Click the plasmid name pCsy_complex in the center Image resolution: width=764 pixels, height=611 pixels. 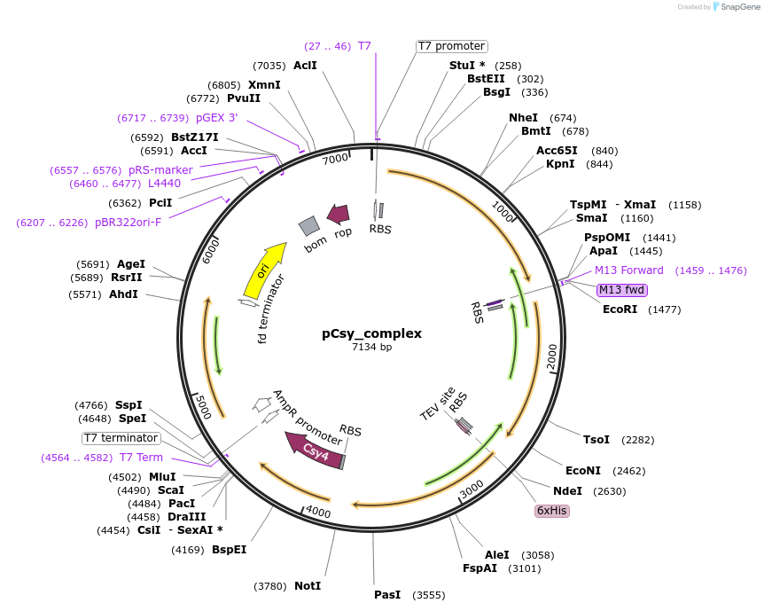coord(371,333)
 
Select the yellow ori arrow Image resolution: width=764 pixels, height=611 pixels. coord(264,270)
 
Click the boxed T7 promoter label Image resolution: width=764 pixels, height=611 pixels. coord(451,46)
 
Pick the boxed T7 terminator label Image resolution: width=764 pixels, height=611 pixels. coord(121,438)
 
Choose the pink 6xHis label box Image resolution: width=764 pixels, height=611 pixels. coord(551,511)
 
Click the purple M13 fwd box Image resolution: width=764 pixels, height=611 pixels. coord(622,290)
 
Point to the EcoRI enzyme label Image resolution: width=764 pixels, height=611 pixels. coord(620,309)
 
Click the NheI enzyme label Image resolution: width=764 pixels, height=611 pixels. coord(523,118)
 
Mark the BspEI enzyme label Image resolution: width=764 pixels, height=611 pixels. coord(229,550)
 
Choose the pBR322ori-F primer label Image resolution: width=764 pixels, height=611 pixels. coord(128,223)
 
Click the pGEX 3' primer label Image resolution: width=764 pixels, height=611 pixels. coord(216,118)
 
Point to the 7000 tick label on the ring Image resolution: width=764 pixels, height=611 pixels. coord(335,160)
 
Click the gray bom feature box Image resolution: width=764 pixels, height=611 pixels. coord(309,227)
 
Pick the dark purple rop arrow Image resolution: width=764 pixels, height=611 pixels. coord(338,214)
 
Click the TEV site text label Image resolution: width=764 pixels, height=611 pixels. coord(437,404)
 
